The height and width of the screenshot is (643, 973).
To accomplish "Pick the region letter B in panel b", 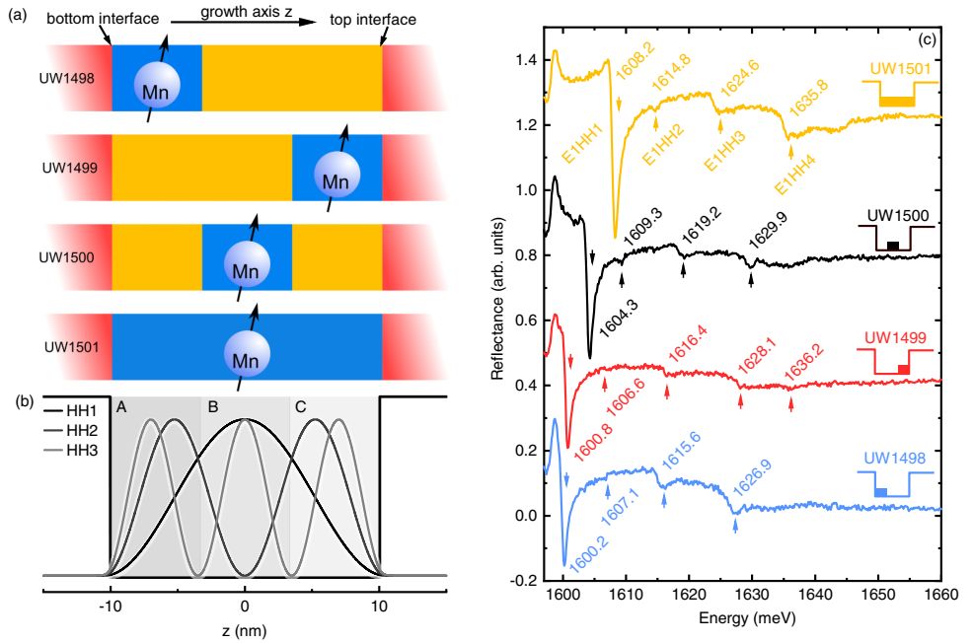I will [x=209, y=405].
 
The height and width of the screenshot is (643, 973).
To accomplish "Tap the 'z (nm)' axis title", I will [x=244, y=629].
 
